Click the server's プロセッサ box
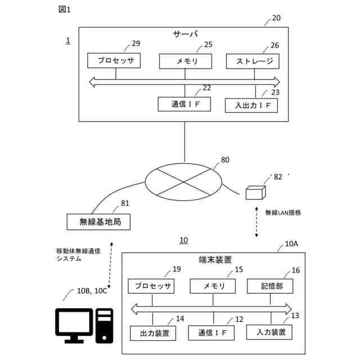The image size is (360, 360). (x=115, y=61)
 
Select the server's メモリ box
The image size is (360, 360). (x=186, y=61)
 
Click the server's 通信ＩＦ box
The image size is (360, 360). (x=184, y=104)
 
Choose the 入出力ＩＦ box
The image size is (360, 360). (x=251, y=105)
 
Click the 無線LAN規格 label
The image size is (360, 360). (x=283, y=213)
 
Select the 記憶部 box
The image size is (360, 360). (x=272, y=286)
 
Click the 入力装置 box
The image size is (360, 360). (x=269, y=331)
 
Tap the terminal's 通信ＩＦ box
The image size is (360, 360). (x=211, y=333)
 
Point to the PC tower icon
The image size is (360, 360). (x=105, y=326)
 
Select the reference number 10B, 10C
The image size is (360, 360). (x=92, y=291)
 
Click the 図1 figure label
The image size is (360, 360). (x=65, y=9)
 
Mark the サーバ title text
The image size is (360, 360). (x=185, y=34)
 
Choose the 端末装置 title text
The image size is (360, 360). (x=215, y=260)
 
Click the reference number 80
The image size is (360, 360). (x=225, y=160)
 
